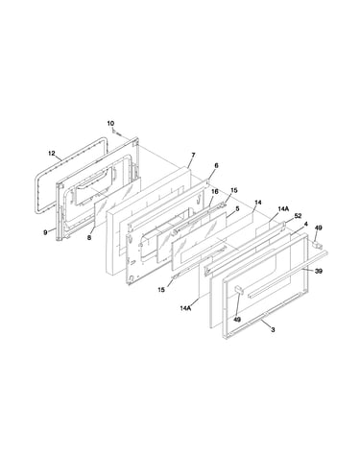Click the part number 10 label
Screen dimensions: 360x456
(110, 123)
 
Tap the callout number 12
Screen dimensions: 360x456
(52, 153)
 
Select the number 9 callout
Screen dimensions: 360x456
(45, 232)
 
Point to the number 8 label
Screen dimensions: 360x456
(89, 237)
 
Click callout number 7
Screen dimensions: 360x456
(193, 156)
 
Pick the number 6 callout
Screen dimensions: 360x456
(216, 165)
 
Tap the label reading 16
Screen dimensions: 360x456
(215, 191)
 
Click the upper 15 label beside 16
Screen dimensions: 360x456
(234, 190)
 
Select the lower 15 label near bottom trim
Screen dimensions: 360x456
(161, 290)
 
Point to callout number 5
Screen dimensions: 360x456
(237, 208)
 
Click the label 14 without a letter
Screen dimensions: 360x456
(258, 203)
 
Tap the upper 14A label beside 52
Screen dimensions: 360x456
(283, 208)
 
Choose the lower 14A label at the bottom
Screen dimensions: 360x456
(185, 308)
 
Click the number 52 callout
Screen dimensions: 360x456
(298, 216)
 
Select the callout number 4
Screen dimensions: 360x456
(306, 224)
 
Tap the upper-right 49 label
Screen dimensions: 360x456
(319, 228)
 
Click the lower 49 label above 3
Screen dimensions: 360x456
(237, 320)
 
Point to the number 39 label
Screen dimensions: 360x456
(319, 271)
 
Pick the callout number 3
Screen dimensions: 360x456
(273, 329)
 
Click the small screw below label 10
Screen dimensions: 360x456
(116, 132)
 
